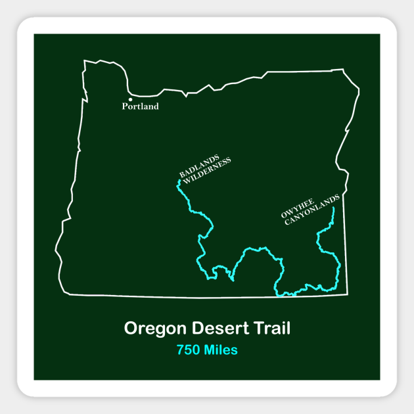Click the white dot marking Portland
(131, 100)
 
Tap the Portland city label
(141, 106)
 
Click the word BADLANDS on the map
(200, 165)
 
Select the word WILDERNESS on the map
(208, 171)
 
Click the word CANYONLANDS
(312, 210)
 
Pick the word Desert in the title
(217, 328)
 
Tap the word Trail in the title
(269, 328)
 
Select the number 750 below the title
(188, 350)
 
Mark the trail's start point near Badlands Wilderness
(179, 181)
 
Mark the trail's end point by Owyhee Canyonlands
(333, 208)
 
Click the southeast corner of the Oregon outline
(347, 294)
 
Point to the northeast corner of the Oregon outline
(343, 69)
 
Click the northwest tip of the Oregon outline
(85, 62)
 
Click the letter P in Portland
(124, 106)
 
